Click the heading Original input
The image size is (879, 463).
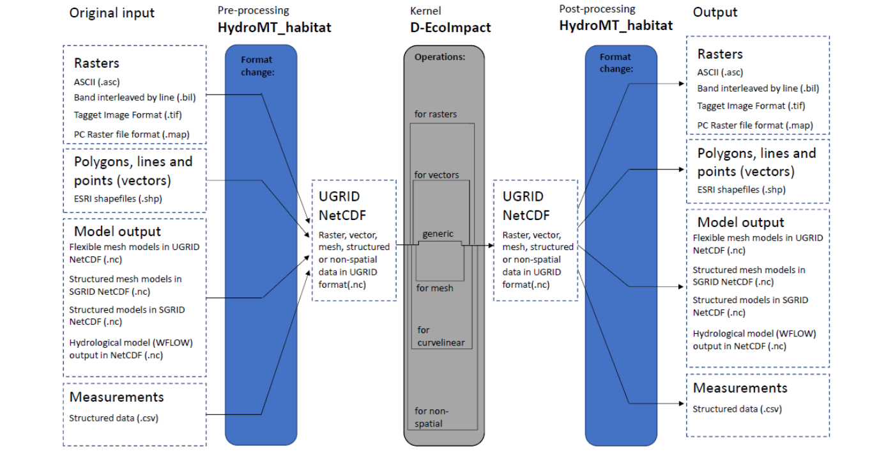pyautogui.click(x=112, y=13)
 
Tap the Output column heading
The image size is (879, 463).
pyautogui.click(x=715, y=12)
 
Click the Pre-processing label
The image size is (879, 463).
pyautogui.click(x=253, y=10)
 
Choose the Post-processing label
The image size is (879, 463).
pyautogui.click(x=597, y=10)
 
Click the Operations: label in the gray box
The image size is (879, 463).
pyautogui.click(x=439, y=57)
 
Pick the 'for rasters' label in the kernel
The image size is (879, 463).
pyautogui.click(x=436, y=114)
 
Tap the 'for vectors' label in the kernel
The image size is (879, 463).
pyautogui.click(x=436, y=175)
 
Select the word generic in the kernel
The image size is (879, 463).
pyautogui.click(x=438, y=234)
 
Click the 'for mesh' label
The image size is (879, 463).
pyautogui.click(x=434, y=288)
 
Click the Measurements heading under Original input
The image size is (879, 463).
pyautogui.click(x=116, y=397)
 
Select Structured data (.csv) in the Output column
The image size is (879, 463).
pyautogui.click(x=737, y=409)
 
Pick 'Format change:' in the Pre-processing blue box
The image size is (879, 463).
pyautogui.click(x=257, y=66)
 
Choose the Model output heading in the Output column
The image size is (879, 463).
pyautogui.click(x=740, y=223)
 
